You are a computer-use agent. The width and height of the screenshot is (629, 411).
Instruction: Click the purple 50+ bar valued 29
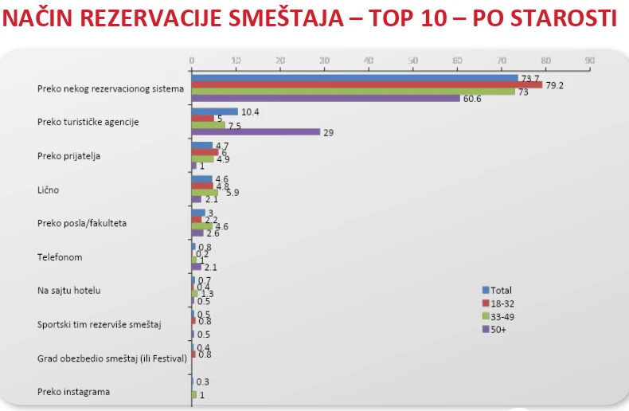point(255,132)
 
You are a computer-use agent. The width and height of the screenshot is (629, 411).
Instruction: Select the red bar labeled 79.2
point(366,84)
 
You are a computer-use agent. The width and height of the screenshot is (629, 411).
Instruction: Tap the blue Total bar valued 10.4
point(214,112)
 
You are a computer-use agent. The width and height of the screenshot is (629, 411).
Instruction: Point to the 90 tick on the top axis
point(589,61)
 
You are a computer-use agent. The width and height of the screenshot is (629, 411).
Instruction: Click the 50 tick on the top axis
point(412,61)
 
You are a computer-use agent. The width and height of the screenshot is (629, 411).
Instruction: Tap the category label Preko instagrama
point(74,391)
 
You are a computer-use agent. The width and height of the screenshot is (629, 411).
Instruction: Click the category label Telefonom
point(60,257)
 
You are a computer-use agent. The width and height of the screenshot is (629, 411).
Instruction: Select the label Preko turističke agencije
point(88,122)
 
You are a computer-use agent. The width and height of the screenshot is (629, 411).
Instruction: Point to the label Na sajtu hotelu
point(69,291)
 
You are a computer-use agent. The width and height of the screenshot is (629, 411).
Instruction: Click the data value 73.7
point(529,78)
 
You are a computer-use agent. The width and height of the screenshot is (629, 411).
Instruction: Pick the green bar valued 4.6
point(201,226)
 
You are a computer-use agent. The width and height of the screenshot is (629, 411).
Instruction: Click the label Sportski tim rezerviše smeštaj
point(100,324)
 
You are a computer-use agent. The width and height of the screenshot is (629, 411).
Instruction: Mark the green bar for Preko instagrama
point(193,394)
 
